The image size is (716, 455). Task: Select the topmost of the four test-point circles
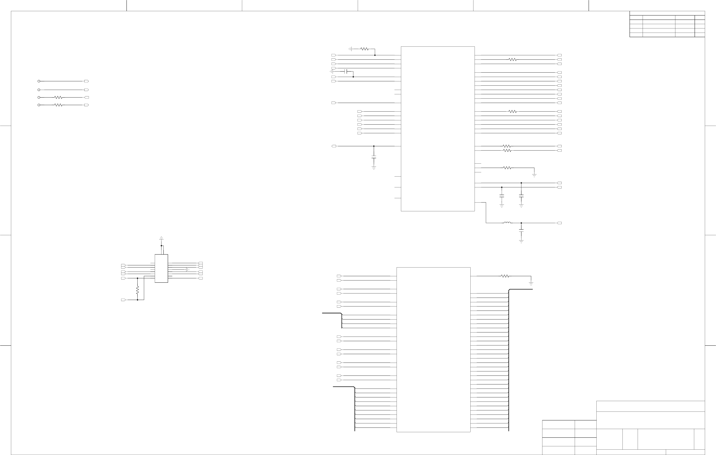pos(39,81)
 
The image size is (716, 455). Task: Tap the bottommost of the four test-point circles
pos(39,105)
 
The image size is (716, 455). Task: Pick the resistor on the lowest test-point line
pos(58,105)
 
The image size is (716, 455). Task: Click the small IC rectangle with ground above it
pos(161,268)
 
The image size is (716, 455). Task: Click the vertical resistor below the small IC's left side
pos(137,290)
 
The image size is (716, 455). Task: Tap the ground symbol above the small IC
pos(161,238)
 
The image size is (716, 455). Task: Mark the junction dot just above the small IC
pos(161,246)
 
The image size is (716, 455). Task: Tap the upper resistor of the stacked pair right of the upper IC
pos(507,146)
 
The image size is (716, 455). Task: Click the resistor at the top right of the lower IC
pos(505,276)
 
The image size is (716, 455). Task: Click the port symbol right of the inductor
pos(559,223)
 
